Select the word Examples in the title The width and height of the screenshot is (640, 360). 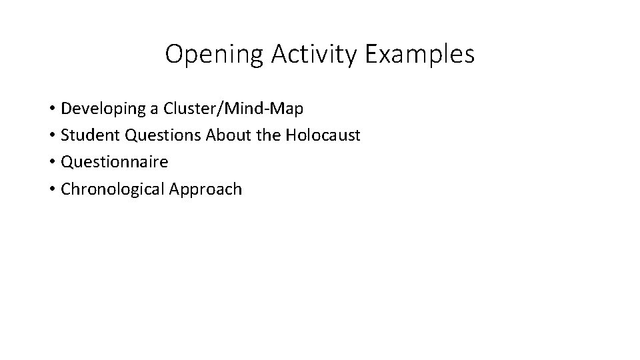tap(419, 55)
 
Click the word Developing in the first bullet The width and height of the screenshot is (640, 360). tap(101, 109)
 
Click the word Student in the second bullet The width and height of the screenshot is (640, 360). tap(87, 135)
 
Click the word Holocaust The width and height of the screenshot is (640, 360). tap(323, 135)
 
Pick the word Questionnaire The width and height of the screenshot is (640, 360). tap(114, 162)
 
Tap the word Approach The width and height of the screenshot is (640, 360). tap(205, 189)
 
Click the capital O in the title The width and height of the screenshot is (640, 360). tap(175, 54)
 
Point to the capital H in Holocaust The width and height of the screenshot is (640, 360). tap(290, 135)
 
